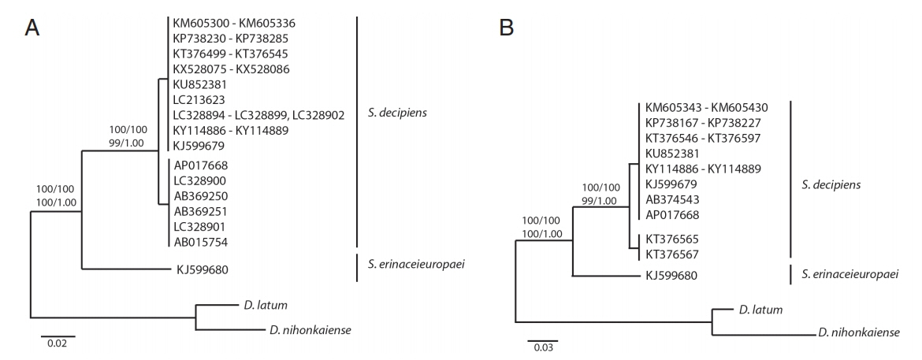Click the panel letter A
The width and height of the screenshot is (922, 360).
coord(32,28)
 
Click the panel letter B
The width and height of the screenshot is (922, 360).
coord(507,28)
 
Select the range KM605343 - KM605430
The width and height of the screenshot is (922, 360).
coord(707,108)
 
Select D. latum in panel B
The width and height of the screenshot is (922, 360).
coord(760,309)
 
